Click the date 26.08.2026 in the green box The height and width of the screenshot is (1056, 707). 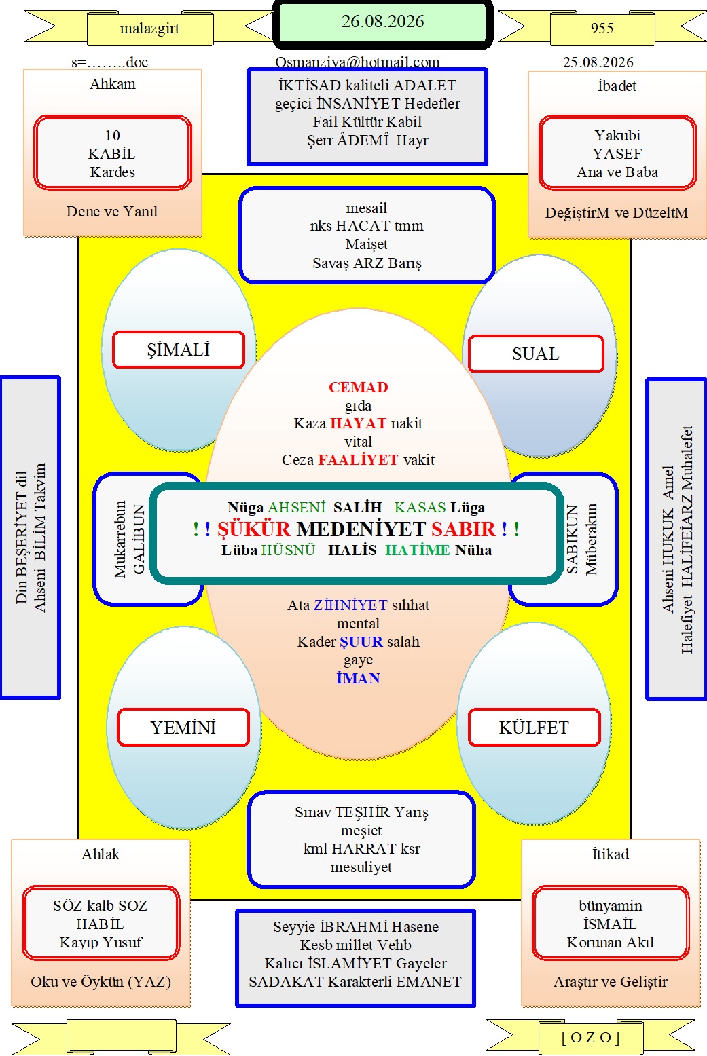(382, 22)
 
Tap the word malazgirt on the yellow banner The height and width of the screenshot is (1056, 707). (149, 29)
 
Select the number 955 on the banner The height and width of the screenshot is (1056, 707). (602, 29)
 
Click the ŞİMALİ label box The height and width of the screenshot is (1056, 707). (179, 350)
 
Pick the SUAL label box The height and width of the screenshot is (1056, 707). (536, 354)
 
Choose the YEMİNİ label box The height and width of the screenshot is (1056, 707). (183, 728)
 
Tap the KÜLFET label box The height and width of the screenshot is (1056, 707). (534, 728)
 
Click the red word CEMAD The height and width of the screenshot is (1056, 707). (359, 387)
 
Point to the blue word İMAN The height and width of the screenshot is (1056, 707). (358, 678)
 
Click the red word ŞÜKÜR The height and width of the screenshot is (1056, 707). (254, 529)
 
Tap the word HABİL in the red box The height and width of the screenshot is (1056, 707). (100, 924)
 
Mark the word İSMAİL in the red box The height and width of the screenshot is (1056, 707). (610, 924)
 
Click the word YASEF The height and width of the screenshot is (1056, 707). (617, 153)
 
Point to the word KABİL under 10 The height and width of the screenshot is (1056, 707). (112, 153)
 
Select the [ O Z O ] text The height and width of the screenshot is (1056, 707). (590, 1037)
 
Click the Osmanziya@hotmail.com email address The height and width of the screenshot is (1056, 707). (357, 62)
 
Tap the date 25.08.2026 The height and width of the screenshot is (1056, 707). (598, 62)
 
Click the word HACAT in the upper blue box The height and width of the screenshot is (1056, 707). (363, 226)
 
